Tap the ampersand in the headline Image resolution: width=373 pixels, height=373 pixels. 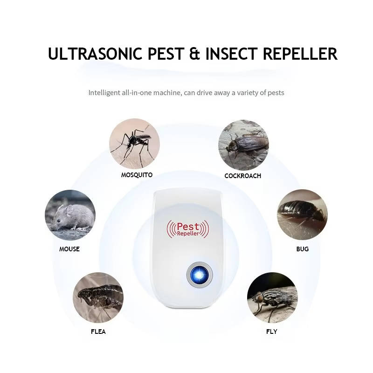coord(193,54)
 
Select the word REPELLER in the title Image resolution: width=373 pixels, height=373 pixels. coord(300,54)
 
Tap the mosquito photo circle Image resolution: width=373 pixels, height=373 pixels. coord(134,144)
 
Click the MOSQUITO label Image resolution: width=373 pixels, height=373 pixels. coord(137,175)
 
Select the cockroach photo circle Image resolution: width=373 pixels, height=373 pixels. coord(243,145)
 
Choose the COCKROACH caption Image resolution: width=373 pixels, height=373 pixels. coord(242,176)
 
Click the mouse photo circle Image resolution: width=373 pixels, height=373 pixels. coord(70,215)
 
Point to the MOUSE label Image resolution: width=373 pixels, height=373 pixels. coord(69,249)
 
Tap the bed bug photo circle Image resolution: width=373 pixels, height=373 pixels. coord(302,214)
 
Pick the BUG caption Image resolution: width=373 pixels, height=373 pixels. coord(302,249)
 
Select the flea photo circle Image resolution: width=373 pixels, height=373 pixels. coord(98,297)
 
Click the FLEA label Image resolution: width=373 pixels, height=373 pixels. coord(98,332)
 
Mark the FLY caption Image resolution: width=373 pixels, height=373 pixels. coord(271,332)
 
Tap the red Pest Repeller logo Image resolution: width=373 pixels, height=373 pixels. coord(189,229)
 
